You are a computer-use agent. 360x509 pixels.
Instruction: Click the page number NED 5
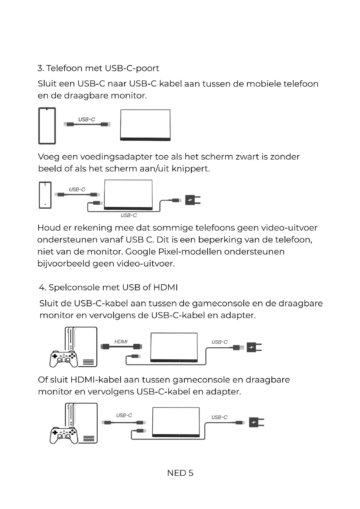180,473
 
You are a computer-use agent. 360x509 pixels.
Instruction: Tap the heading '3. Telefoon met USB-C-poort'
98,68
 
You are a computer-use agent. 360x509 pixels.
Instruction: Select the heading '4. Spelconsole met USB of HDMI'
108,287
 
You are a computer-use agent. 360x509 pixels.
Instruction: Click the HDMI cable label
121,342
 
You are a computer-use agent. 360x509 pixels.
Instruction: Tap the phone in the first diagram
47,126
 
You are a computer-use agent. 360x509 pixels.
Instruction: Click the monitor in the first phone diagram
145,125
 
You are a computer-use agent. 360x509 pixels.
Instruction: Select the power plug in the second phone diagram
193,200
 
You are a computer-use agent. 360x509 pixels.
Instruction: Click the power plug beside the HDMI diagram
254,348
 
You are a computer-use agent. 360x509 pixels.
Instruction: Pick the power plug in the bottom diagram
256,422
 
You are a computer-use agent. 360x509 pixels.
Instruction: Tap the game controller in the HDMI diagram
63,359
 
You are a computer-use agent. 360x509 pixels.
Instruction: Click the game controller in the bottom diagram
63,435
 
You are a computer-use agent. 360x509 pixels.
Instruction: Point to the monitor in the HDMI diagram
174,347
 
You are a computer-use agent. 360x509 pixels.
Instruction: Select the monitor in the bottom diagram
176,422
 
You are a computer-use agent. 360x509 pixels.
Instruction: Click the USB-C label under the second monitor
129,215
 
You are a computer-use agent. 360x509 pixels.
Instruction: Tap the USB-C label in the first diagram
87,119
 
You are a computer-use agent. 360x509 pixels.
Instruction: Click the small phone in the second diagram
45,195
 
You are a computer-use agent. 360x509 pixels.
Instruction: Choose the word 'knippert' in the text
190,169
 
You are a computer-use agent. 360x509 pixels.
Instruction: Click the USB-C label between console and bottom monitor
124,415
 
